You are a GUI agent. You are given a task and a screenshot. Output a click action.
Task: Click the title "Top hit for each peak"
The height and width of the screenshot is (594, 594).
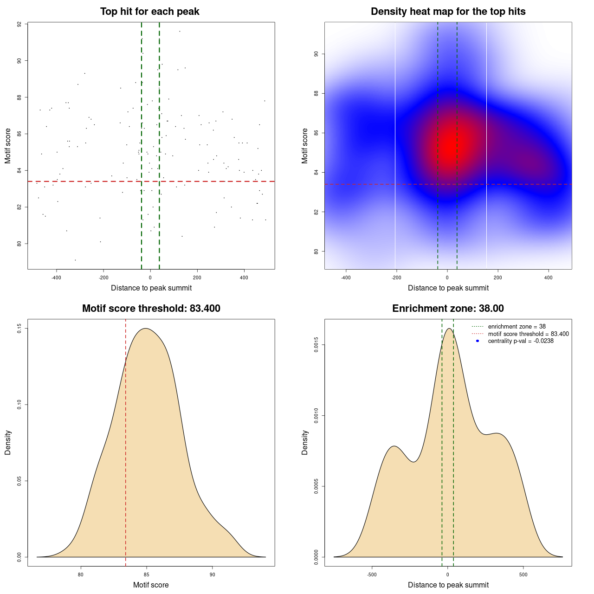(149, 12)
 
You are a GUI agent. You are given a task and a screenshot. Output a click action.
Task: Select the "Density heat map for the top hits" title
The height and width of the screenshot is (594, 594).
(448, 12)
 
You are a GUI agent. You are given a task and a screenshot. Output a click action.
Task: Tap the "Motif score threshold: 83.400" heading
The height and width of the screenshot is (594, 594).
(151, 309)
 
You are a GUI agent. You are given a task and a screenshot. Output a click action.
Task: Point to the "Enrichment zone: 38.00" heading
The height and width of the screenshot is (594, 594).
(448, 309)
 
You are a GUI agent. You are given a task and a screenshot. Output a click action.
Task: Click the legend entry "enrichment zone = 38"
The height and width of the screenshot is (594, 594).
(517, 327)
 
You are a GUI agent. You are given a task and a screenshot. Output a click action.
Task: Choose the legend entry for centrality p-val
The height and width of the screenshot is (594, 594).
(521, 341)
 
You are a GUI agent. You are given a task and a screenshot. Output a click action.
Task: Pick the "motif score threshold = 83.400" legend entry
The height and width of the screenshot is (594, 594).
(528, 334)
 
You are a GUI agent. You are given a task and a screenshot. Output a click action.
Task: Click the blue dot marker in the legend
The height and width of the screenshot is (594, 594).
(478, 341)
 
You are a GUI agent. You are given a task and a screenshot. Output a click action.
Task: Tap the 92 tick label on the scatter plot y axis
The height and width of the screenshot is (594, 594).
(19, 24)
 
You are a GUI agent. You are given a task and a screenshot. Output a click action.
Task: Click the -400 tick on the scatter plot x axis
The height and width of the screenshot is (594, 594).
(56, 278)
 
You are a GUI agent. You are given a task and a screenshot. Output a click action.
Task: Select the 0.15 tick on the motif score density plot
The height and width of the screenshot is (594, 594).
(19, 329)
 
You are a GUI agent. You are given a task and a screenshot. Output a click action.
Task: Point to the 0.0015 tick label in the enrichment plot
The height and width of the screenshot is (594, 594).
(316, 345)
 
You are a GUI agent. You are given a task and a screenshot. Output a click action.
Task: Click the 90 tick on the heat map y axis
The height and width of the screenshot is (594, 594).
(316, 54)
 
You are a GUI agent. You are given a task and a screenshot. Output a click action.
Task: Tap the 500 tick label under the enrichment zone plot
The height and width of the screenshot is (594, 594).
(523, 575)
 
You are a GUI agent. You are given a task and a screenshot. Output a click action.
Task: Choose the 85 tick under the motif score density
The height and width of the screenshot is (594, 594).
(147, 575)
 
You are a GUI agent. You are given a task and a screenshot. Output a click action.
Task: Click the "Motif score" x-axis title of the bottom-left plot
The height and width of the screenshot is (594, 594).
(151, 585)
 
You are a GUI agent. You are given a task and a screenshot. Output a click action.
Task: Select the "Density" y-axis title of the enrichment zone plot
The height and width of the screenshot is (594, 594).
(305, 442)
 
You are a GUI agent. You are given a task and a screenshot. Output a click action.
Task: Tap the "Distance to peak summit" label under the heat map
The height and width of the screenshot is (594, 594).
(448, 288)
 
